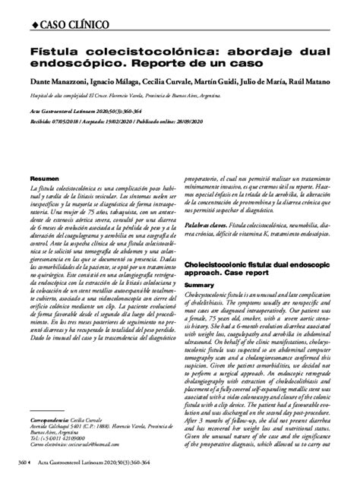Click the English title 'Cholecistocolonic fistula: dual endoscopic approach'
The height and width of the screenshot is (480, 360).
point(259,260)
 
